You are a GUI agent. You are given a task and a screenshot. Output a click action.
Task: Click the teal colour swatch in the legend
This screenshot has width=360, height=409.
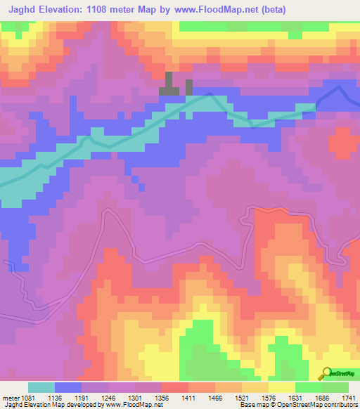coord(41,387)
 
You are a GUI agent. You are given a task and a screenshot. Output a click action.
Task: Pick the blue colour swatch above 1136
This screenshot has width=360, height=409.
coord(68,387)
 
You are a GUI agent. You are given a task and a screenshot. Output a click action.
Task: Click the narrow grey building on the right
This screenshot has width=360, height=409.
coord(189,87)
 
